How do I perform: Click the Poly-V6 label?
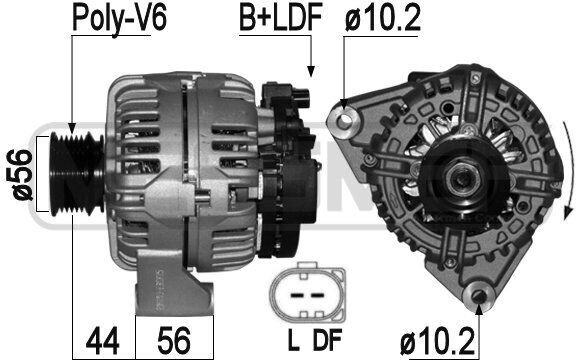pos(120,18)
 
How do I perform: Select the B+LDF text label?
pos(281,17)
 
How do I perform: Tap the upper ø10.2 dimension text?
pos(383,18)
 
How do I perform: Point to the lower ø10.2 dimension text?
pos(438,343)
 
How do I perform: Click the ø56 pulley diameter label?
pos(19,174)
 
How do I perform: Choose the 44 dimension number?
pos(102,340)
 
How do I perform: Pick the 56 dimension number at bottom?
pos(174,340)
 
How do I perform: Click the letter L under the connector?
pos(293,340)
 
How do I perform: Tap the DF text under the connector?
pos(327,340)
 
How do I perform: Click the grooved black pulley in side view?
pos(76,173)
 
